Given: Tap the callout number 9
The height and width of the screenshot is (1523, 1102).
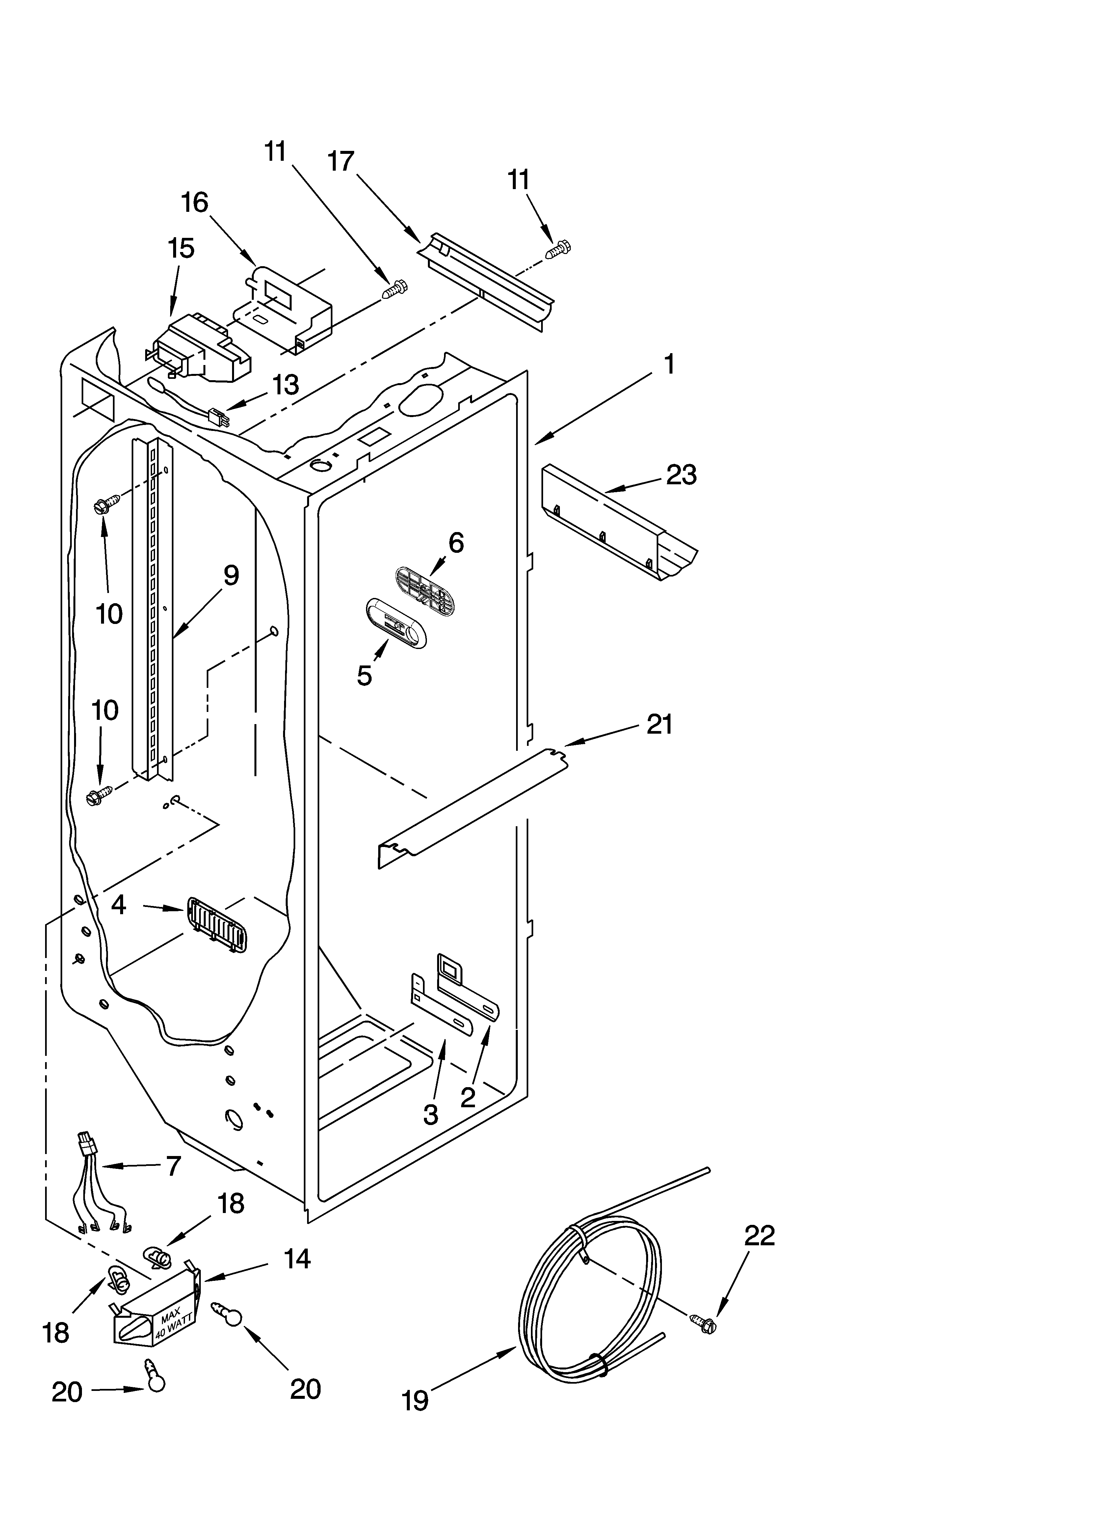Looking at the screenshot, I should pos(230,576).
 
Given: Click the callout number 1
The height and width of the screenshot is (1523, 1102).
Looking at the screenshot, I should pos(669,365).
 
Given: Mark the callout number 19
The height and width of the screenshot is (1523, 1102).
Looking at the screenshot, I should pos(415,1419).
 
